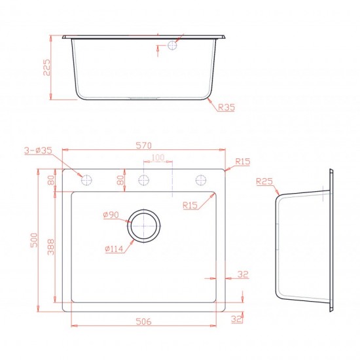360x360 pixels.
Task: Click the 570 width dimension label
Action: (x=144, y=145)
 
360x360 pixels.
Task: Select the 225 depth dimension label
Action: (x=46, y=67)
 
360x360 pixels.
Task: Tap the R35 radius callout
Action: (x=226, y=107)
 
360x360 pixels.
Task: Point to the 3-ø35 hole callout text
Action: (x=39, y=151)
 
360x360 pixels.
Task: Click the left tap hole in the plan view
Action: (x=86, y=180)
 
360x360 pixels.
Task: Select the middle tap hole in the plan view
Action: (x=144, y=180)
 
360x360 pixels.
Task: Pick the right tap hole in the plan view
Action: (x=201, y=180)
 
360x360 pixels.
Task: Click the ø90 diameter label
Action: (x=111, y=215)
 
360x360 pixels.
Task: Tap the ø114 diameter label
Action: (x=114, y=249)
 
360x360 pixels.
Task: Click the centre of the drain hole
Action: (x=144, y=226)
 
